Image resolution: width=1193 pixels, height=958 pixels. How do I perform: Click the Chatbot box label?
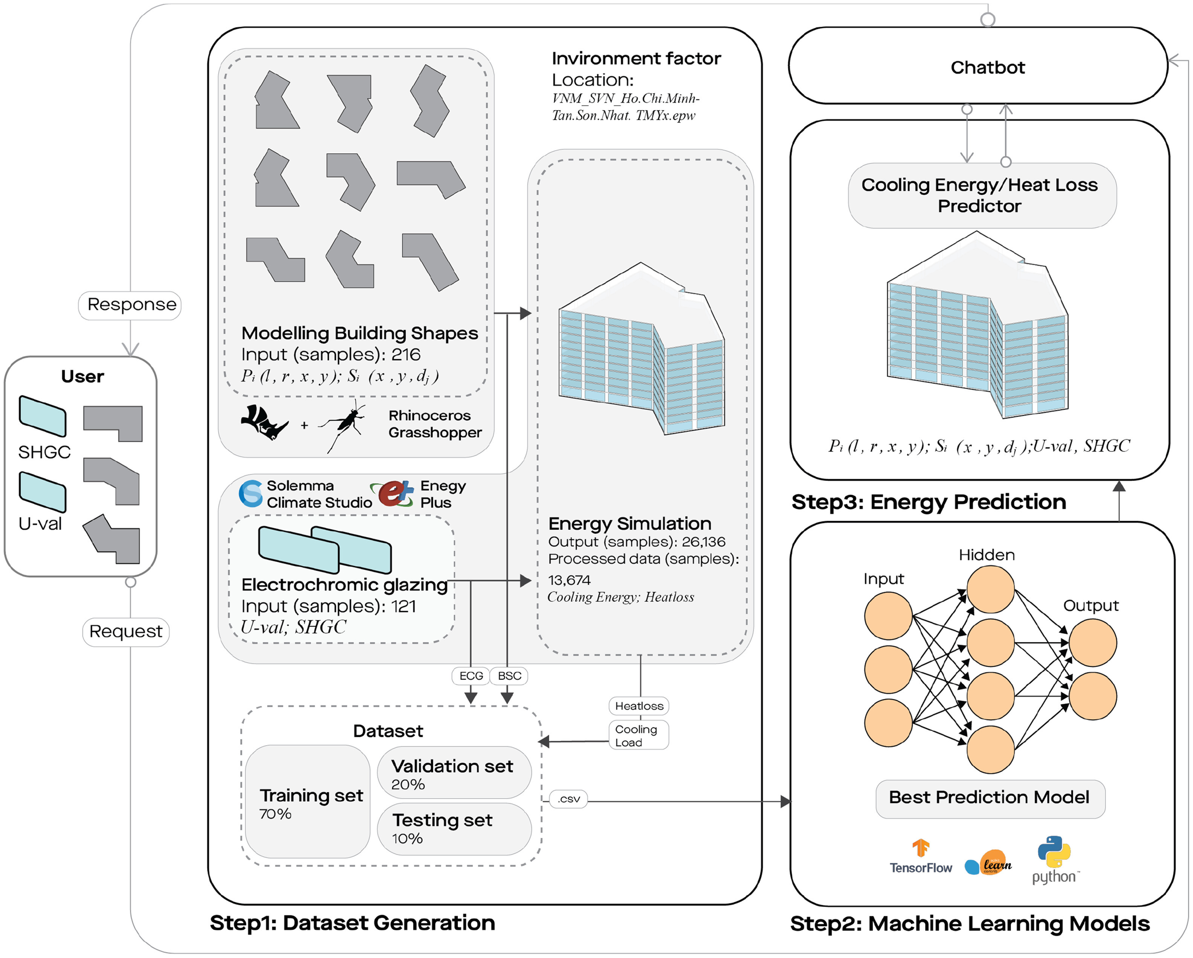(x=987, y=67)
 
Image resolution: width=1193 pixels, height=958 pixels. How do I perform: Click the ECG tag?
(x=471, y=676)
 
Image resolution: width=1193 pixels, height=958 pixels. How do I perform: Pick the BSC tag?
(x=509, y=676)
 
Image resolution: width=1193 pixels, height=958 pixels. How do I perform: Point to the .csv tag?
(x=569, y=799)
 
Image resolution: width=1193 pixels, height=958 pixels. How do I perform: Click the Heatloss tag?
(x=639, y=706)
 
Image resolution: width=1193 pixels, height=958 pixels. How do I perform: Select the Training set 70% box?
(x=308, y=802)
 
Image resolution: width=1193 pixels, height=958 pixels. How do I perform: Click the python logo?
(x=1054, y=860)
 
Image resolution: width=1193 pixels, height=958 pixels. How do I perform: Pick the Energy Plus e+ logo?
(x=394, y=492)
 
